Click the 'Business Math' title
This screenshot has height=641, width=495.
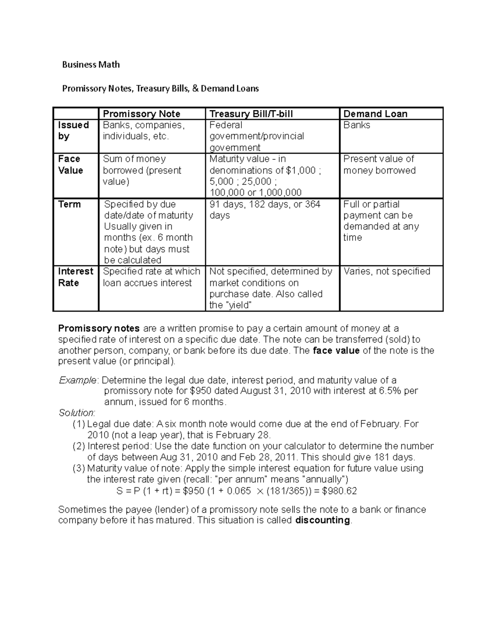pos(91,64)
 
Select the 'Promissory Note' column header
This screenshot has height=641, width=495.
pos(141,114)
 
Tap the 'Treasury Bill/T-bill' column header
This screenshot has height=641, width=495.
pos(251,114)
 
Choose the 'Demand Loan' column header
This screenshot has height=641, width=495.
pos(375,114)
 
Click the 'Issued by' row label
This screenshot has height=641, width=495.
pos(73,130)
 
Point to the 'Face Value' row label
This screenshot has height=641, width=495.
pos(71,165)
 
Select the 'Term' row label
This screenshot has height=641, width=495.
pos(69,204)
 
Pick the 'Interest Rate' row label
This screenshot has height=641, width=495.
pos(75,277)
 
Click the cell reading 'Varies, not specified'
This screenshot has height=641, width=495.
pos(387,271)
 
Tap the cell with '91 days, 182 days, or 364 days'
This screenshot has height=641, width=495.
pos(264,210)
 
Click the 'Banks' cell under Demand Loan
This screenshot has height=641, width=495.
pos(356,125)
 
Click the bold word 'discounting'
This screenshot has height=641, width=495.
pos(323,520)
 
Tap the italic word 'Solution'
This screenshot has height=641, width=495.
pos(76,413)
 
